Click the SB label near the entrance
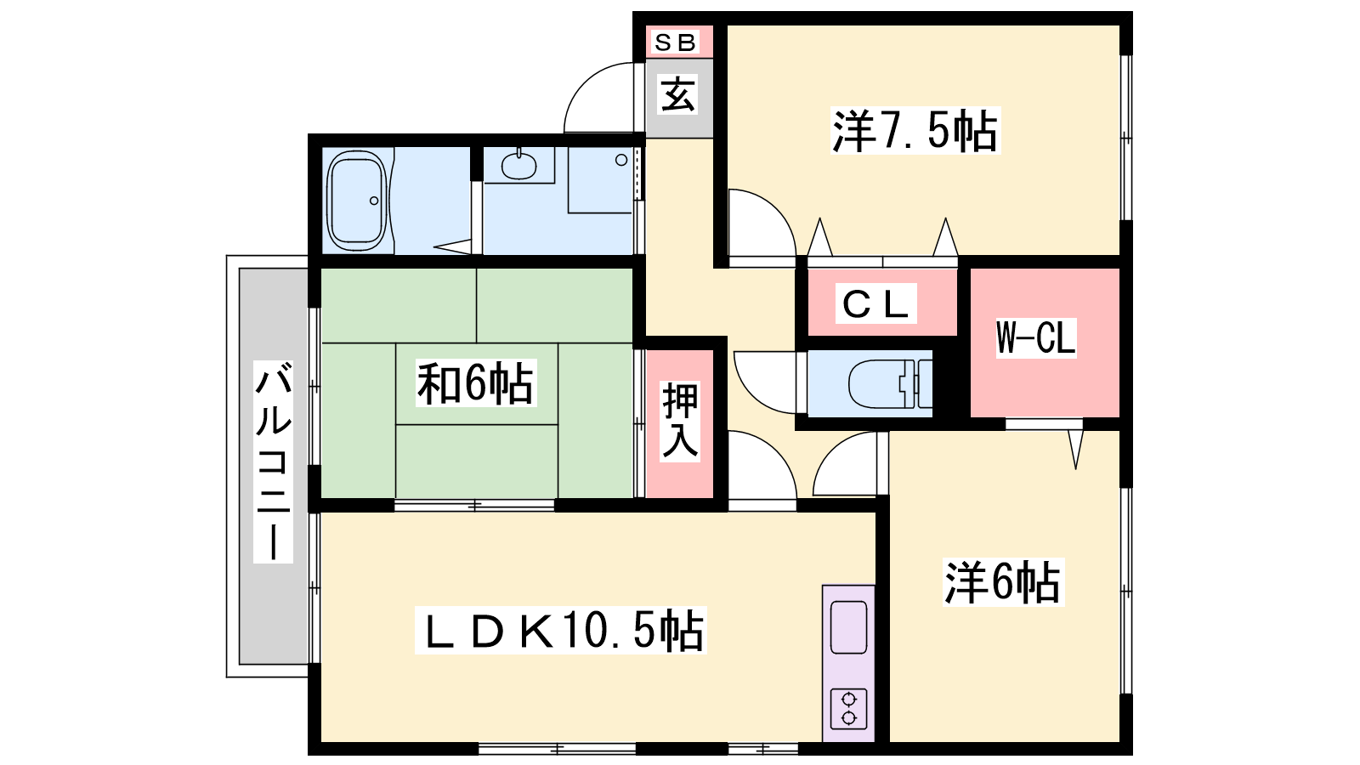(x=675, y=42)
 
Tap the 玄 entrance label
(x=678, y=96)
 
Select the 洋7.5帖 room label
(x=915, y=131)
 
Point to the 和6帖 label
(x=475, y=383)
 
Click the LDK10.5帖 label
(x=560, y=630)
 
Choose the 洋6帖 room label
(x=1003, y=582)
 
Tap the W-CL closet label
(x=1036, y=337)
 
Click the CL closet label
(x=875, y=303)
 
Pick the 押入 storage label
(x=680, y=421)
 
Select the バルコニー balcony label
(x=273, y=462)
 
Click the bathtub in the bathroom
(x=357, y=201)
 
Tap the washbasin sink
(x=519, y=165)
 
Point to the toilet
(x=889, y=384)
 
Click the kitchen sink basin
(x=848, y=627)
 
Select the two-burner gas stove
(x=848, y=709)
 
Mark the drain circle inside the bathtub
(x=374, y=201)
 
